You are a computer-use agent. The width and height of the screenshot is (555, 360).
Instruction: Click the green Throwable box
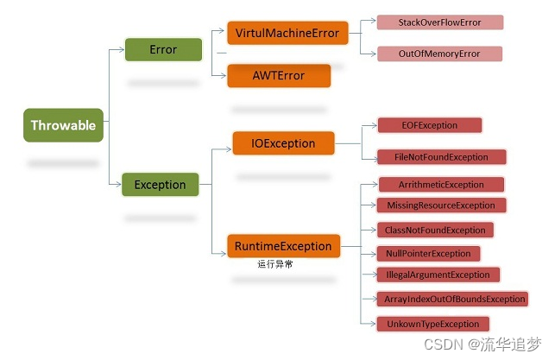[63, 126]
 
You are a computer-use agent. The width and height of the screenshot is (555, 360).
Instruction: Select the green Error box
[163, 49]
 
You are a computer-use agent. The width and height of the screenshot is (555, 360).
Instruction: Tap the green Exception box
[160, 184]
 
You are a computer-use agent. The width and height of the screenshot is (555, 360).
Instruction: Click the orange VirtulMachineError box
[287, 35]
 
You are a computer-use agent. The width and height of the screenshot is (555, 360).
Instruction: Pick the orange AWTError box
[278, 76]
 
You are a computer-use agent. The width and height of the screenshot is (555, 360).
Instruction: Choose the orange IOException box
[284, 143]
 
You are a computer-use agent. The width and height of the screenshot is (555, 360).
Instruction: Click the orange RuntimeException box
[282, 246]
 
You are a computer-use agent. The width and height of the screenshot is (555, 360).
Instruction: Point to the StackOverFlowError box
[440, 22]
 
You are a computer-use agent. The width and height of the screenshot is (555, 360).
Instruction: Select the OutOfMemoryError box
[440, 54]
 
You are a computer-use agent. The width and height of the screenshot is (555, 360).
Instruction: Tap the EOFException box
[430, 125]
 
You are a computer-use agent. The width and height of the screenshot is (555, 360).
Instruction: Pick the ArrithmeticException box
[442, 185]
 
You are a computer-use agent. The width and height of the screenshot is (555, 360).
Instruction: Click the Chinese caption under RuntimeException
[275, 264]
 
